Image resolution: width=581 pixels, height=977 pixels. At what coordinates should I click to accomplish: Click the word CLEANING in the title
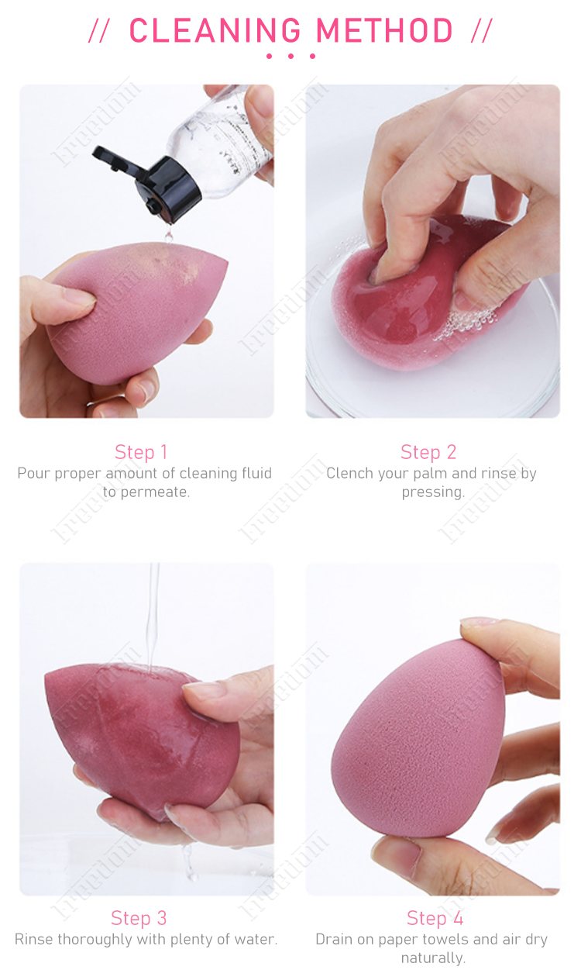tap(216, 31)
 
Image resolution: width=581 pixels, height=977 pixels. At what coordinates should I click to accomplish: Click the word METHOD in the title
tap(385, 31)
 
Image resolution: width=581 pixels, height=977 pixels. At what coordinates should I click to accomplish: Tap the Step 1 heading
tap(141, 452)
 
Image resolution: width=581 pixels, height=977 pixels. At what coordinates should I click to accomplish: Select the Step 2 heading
tap(428, 452)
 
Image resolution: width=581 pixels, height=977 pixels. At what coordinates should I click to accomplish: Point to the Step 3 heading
tap(139, 918)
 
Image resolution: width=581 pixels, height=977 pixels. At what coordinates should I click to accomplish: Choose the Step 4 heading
tap(435, 918)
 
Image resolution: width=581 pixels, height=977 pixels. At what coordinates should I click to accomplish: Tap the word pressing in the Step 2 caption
tap(433, 492)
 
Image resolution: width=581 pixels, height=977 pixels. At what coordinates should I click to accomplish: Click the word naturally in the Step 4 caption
tap(433, 958)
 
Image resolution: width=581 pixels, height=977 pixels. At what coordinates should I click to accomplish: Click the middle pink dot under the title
tap(290, 56)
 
